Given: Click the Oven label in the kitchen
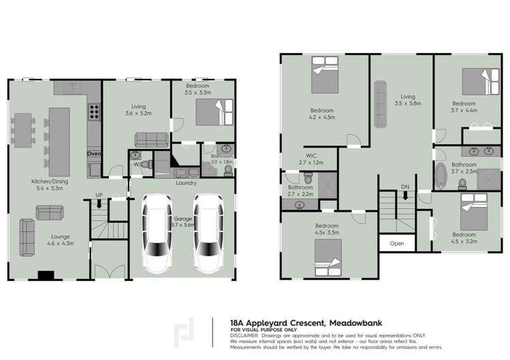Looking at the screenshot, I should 94,154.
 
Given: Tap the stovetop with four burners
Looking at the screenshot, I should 94,111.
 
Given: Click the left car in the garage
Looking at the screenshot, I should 156,232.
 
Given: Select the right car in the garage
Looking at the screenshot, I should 206,232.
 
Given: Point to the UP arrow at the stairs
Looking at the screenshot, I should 99,202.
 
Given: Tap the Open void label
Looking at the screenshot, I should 396,243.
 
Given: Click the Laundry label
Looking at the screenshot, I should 186,182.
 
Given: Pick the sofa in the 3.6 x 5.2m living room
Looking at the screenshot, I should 152,140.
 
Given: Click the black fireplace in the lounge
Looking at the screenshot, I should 46,276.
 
